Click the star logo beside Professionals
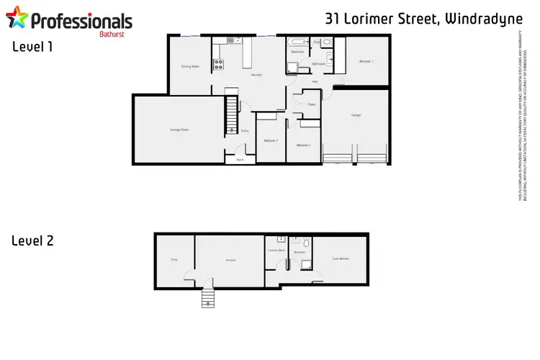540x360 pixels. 19,19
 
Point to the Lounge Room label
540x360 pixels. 179,130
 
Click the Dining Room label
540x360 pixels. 190,67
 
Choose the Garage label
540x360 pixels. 356,115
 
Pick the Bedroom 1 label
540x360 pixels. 366,61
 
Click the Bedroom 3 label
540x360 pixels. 271,140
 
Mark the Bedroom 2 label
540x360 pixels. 303,145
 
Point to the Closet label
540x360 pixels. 312,105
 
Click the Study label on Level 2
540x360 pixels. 174,260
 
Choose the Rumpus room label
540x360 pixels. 230,260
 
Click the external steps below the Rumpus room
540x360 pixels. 207,297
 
